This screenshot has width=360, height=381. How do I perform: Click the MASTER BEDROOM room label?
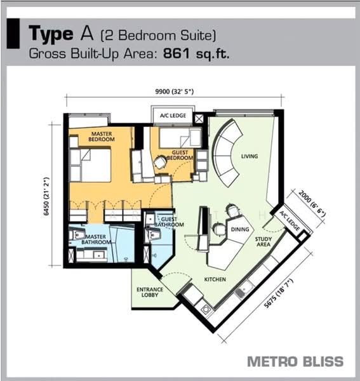click(x=102, y=137)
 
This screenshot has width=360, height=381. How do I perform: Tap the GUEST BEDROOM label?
click(x=180, y=155)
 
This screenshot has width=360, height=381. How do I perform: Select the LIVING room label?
click(x=250, y=156)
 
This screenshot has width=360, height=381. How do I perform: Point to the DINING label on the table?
click(x=240, y=229)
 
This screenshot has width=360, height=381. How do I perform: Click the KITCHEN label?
click(x=215, y=279)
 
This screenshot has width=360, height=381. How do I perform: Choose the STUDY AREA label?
click(x=263, y=242)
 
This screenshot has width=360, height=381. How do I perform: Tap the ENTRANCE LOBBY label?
click(x=150, y=292)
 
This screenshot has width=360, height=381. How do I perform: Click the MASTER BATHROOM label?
click(x=97, y=239)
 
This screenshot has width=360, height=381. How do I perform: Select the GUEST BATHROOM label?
click(x=169, y=222)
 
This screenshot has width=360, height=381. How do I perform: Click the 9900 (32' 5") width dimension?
click(x=175, y=92)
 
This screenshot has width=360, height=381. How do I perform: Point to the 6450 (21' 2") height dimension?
click(x=46, y=196)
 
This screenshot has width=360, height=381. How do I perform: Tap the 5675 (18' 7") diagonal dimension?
click(x=279, y=293)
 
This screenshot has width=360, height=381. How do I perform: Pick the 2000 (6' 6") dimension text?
click(x=312, y=204)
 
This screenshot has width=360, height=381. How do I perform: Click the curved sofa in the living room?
click(x=227, y=153)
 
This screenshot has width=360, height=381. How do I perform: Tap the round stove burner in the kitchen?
click(x=206, y=310)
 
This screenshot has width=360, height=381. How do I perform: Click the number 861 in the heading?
click(x=177, y=53)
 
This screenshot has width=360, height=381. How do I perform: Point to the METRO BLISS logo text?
click(x=295, y=361)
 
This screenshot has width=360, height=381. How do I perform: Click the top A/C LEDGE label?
click(x=173, y=116)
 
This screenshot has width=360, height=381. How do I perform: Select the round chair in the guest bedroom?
click(x=160, y=163)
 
